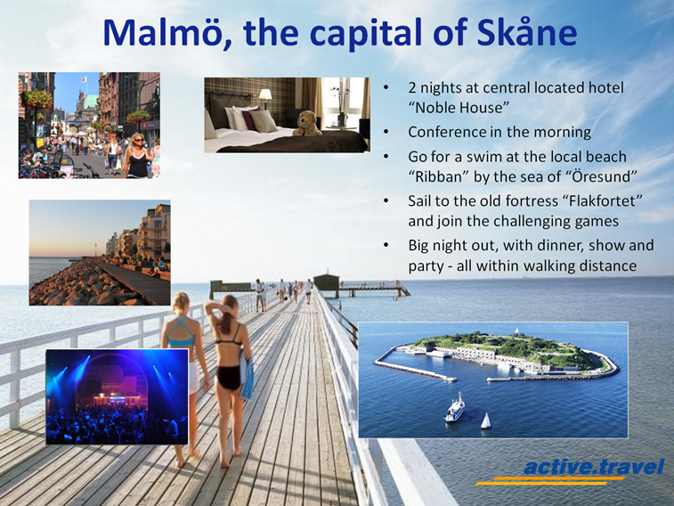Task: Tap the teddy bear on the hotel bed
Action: pyautogui.click(x=307, y=124)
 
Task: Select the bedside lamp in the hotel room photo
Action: pyautogui.click(x=264, y=97)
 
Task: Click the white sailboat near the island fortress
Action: pyautogui.click(x=486, y=420)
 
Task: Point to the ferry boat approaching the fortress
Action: pyautogui.click(x=455, y=407)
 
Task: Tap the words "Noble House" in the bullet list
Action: pyautogui.click(x=459, y=108)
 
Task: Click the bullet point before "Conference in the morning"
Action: pyautogui.click(x=386, y=132)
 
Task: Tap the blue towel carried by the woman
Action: pyautogui.click(x=248, y=379)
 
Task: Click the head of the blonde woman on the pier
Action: pyautogui.click(x=181, y=303)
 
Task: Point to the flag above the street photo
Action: pyautogui.click(x=85, y=79)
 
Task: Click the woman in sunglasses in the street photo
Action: pyautogui.click(x=137, y=156)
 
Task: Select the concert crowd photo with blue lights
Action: pyautogui.click(x=117, y=396)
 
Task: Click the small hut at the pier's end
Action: pyautogui.click(x=327, y=282)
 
